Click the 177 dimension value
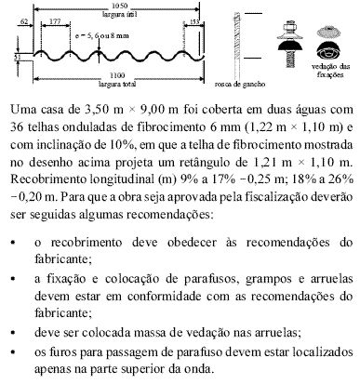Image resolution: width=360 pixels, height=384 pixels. [55, 20]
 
